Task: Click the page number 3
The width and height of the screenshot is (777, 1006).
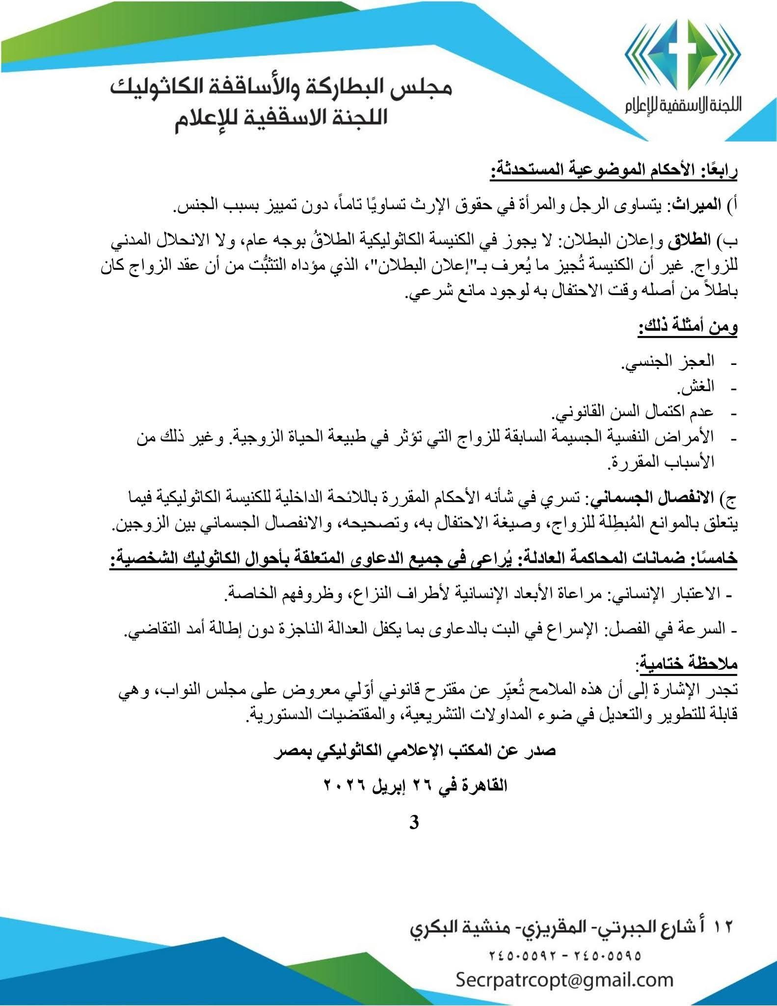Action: [x=414, y=822]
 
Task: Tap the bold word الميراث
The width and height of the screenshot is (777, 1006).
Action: [x=697, y=204]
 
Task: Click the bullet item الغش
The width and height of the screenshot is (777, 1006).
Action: [x=696, y=388]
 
